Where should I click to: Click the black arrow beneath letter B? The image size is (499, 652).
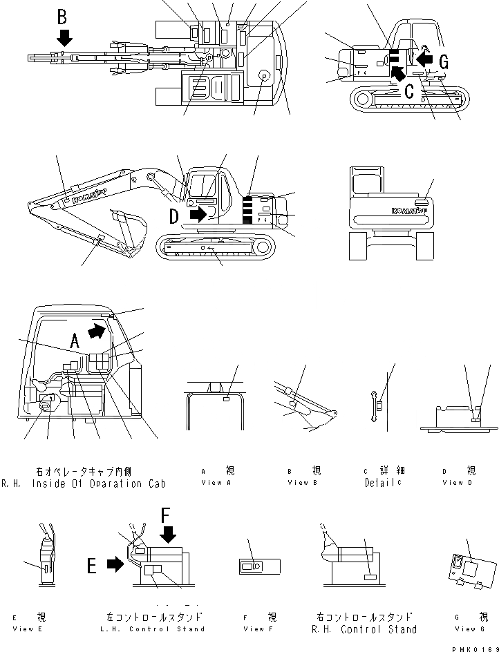coord(64,37)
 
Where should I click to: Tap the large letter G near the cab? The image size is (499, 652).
coord(444,63)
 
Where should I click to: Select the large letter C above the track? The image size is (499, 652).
coord(410,89)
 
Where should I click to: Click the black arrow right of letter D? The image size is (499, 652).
coord(198,215)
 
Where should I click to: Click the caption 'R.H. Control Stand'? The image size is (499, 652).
coord(364,629)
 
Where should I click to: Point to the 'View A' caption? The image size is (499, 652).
coord(211,483)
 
